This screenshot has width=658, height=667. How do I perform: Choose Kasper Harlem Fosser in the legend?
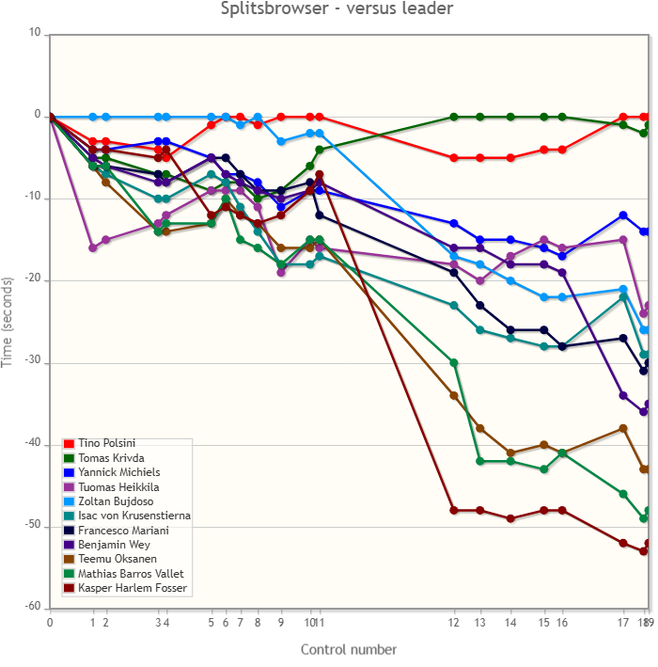[x=132, y=589]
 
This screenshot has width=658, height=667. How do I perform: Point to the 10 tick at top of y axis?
[x=35, y=34]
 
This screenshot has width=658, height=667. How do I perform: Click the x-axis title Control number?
[x=348, y=649]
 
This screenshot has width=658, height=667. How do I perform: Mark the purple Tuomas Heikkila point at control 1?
[x=93, y=248]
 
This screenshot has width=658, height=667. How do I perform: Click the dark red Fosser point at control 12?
[x=454, y=511]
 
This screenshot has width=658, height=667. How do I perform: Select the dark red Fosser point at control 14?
[x=510, y=518]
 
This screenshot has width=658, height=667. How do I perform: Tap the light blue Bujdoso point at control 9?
[x=281, y=141]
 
